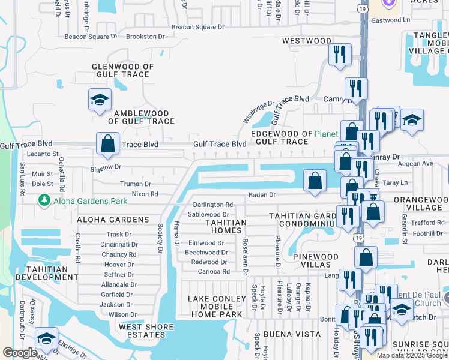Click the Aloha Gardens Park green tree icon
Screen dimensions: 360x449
click(43, 200)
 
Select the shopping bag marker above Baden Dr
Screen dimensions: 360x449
click(315, 180)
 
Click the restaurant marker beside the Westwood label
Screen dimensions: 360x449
click(340, 55)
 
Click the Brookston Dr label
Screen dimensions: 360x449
click(144, 37)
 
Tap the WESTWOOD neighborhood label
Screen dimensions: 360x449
click(307, 41)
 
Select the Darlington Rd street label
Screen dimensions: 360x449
click(212, 205)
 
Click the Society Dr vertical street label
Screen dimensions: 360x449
click(161, 237)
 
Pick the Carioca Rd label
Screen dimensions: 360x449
click(214, 271)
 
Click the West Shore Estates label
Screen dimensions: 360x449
click(146, 331)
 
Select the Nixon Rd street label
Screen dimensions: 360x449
click(145, 194)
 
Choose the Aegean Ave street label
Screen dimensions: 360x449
click(418, 163)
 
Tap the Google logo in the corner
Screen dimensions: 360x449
click(20, 353)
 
